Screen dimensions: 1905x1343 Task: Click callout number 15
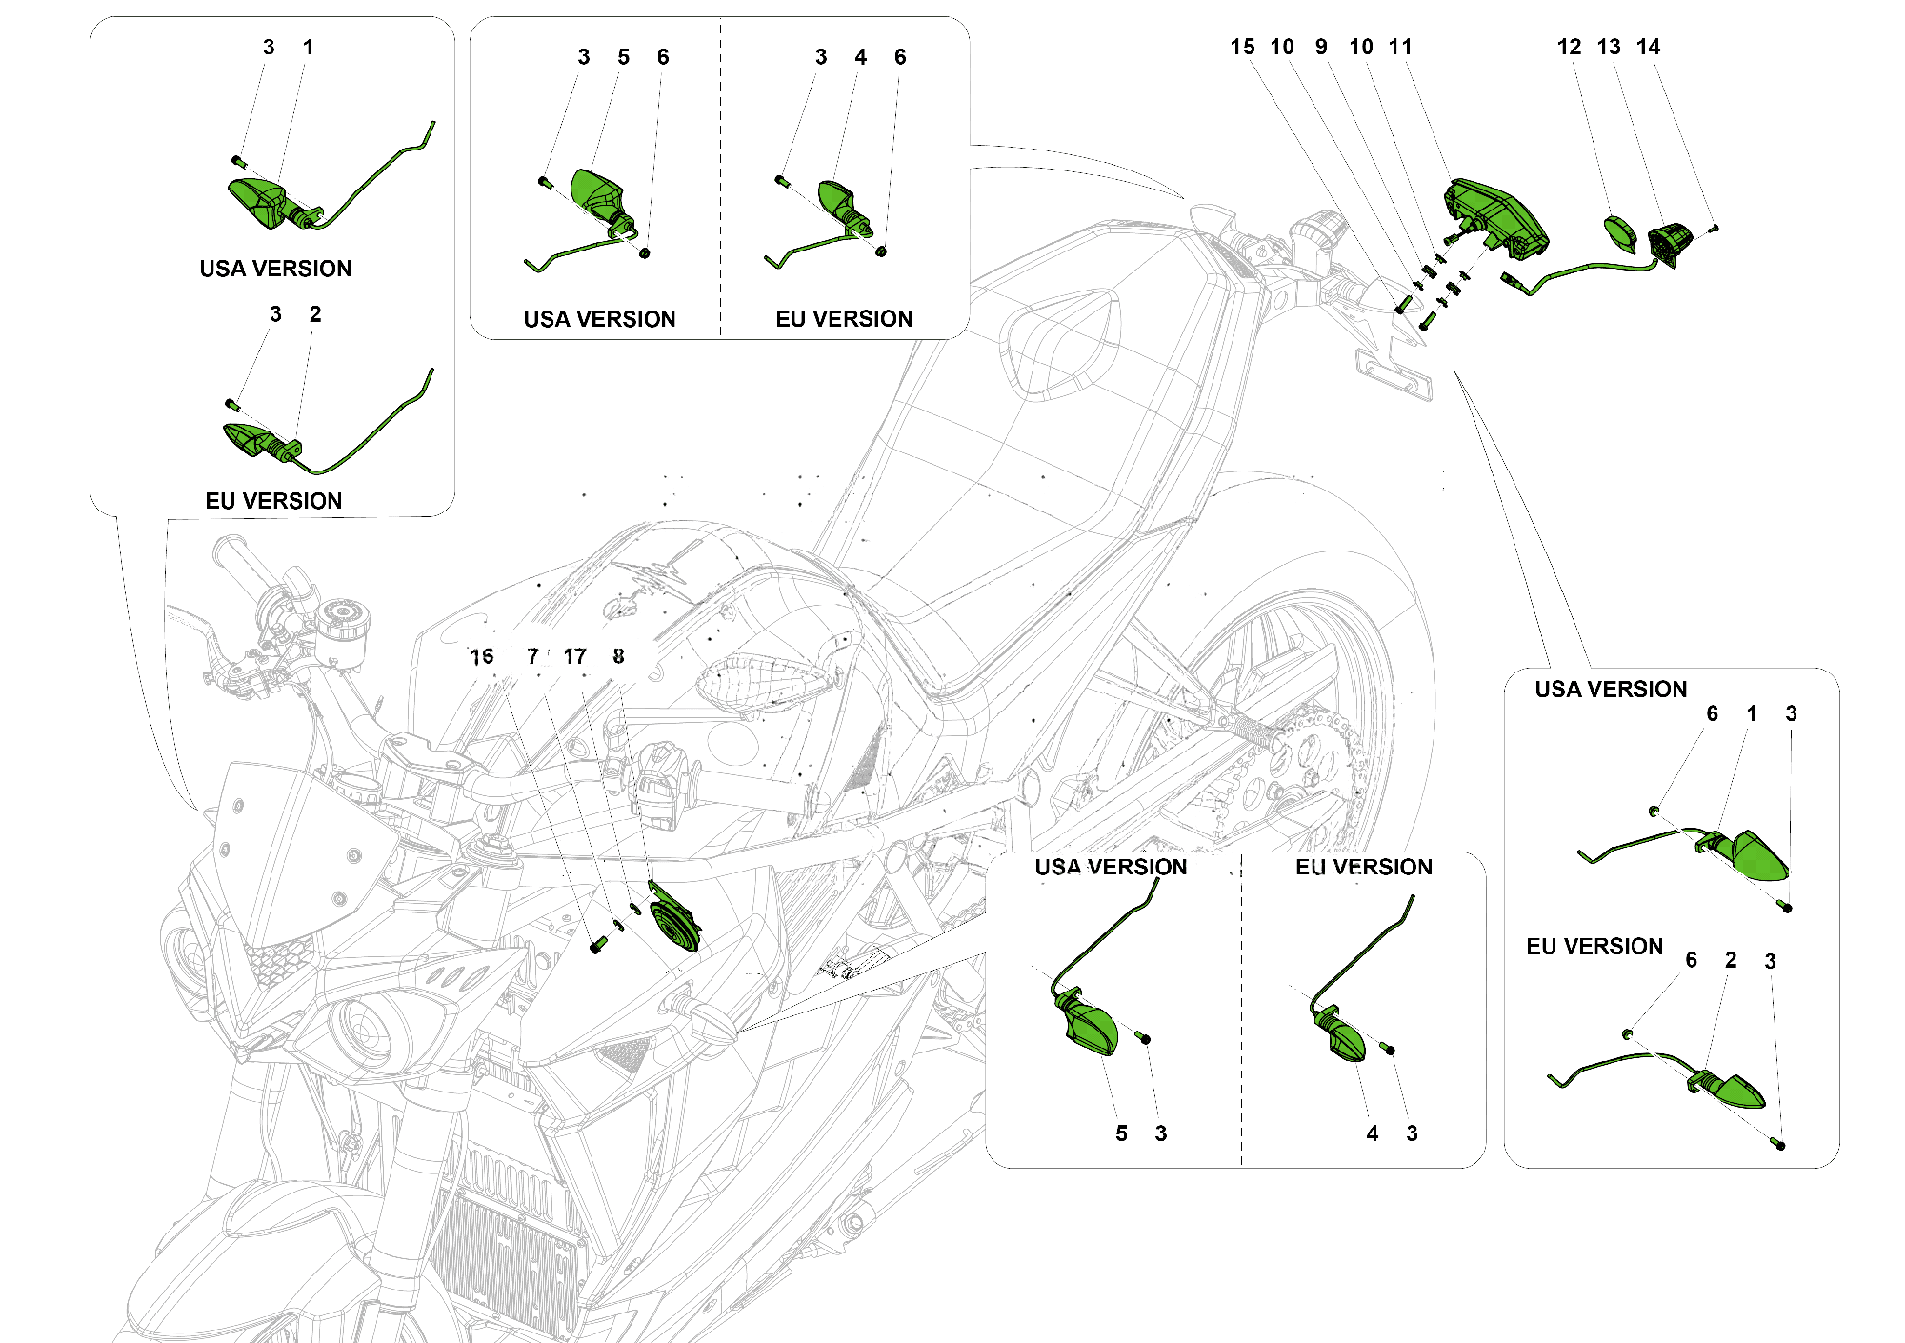point(1242,47)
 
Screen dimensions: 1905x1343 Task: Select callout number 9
point(1321,47)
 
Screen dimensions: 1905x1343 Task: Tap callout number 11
point(1400,47)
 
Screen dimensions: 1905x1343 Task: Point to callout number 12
point(1569,47)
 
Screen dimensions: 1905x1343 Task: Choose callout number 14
point(1648,47)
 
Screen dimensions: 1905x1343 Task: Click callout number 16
point(482,656)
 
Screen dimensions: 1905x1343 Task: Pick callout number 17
point(574,656)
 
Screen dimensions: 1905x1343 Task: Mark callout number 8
point(619,656)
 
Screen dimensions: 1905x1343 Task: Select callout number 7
point(533,656)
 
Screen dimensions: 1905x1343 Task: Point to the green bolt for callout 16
point(597,945)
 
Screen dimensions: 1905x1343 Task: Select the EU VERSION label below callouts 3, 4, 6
point(844,319)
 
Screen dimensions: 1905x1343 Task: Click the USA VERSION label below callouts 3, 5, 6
point(599,319)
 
